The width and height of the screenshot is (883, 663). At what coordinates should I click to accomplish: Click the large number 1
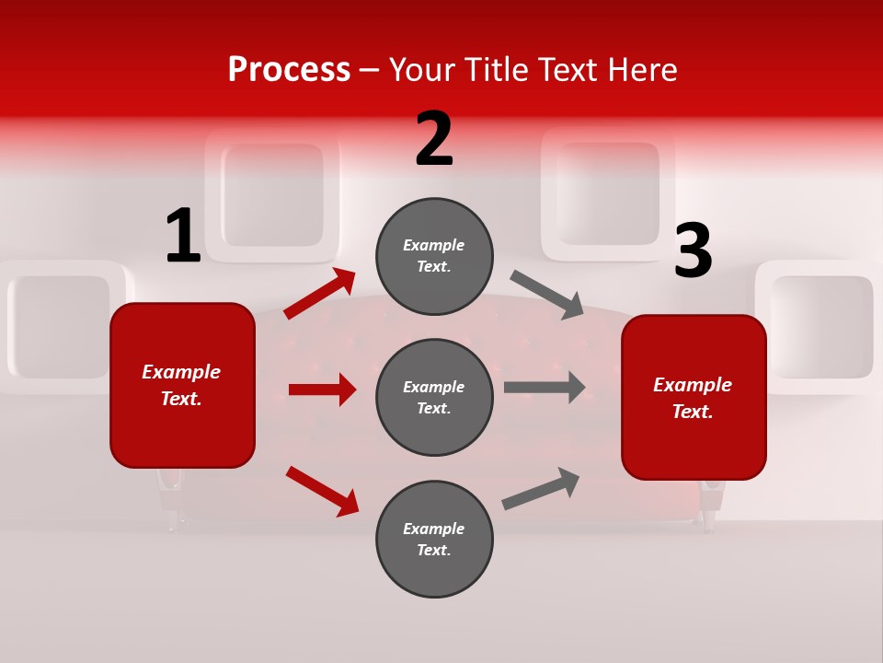183,237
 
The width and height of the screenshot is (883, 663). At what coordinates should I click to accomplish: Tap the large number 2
434,140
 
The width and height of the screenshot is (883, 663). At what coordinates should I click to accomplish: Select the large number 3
693,251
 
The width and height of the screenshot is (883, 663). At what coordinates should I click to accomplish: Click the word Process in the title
289,69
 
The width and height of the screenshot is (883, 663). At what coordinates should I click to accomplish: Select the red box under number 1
182,385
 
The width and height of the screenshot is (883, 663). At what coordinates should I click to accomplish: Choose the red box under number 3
694,397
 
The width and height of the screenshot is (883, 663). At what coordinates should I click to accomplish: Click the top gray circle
434,256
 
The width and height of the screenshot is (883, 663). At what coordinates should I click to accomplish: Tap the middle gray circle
434,397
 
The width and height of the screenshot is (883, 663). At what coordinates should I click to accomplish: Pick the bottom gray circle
434,539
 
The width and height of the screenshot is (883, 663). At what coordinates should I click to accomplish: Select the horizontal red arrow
322,390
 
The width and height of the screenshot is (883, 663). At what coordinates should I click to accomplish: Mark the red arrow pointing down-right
322,490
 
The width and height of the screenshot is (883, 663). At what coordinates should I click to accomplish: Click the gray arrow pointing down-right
547,295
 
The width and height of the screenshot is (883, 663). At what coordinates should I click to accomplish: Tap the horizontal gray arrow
545,388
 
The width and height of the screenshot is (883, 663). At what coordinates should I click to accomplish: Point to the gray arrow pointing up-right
541,488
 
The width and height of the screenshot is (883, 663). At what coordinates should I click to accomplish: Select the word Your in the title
424,69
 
